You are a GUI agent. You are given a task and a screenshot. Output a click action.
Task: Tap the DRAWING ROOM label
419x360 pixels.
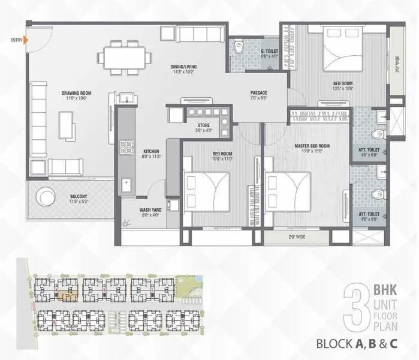76,94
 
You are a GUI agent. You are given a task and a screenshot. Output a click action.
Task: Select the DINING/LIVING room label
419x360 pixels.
184,66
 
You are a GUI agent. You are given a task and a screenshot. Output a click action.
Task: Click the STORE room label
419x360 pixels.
203,126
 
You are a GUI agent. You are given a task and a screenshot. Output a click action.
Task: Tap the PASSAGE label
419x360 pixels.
258,93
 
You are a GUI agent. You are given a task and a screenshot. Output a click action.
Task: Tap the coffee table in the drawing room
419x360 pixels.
67,124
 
